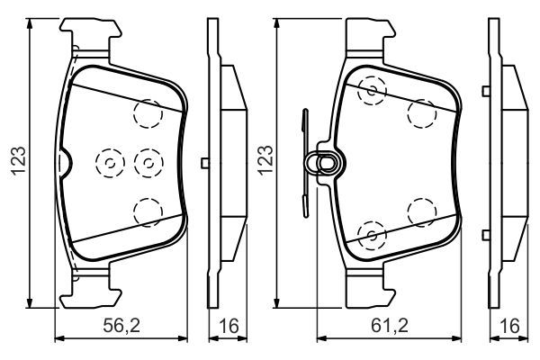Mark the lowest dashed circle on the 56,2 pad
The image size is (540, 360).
146,211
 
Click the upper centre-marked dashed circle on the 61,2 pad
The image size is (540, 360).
370,89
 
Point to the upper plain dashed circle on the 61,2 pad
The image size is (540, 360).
421,112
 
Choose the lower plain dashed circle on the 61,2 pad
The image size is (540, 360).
421,211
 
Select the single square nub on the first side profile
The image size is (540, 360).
206,162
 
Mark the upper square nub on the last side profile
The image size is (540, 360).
487,87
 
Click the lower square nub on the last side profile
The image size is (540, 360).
487,236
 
